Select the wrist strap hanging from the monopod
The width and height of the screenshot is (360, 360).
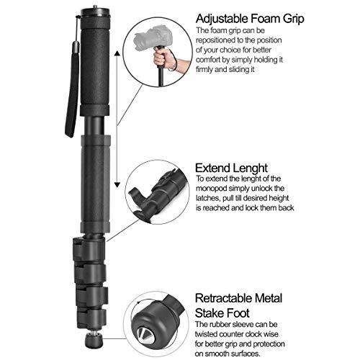(71, 86)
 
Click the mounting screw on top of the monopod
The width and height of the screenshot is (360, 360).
(96, 9)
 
